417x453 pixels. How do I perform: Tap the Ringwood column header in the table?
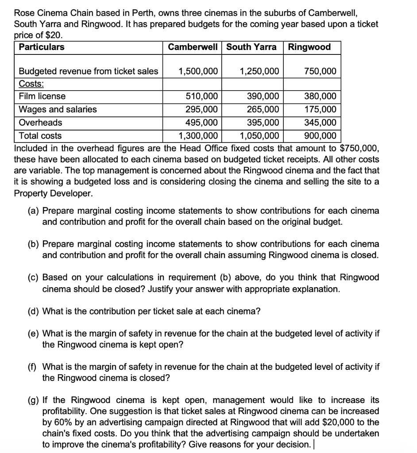tap(309, 47)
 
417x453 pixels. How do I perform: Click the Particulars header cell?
tap(41, 47)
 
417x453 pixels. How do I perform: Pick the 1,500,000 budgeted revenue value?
tap(198, 71)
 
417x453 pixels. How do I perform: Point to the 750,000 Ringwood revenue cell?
tap(320, 71)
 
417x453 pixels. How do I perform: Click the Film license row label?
tap(42, 96)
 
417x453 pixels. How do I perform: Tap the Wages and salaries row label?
tap(58, 109)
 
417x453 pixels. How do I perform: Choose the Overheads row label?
tap(40, 123)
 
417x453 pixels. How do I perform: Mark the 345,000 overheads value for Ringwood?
tap(320, 123)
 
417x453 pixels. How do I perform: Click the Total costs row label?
tap(40, 136)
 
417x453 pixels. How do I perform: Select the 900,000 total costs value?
tap(320, 136)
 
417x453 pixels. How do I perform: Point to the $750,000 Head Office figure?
tap(360, 148)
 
